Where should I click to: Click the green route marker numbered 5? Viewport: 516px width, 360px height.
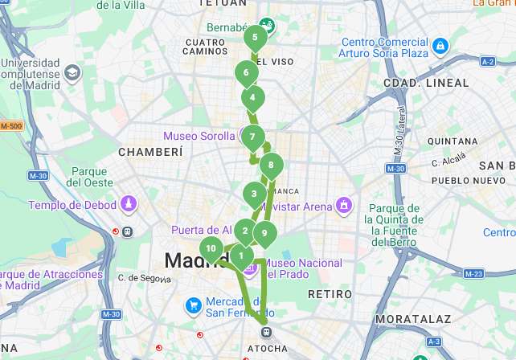255,37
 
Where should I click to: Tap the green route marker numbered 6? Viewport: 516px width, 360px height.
246,73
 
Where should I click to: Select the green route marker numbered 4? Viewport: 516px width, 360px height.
252,98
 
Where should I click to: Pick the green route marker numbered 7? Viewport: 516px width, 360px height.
252,137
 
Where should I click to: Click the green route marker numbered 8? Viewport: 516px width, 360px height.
271,166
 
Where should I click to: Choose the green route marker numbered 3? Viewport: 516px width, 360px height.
254,194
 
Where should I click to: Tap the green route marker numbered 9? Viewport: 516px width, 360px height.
264,234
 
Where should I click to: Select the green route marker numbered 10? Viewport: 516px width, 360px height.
211,249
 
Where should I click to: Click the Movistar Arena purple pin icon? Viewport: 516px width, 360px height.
344,207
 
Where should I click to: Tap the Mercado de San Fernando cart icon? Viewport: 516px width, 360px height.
193,305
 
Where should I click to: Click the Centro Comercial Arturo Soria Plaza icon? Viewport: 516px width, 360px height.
440,47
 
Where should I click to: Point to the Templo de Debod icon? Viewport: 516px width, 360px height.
128,207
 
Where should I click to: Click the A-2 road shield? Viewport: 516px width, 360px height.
487,61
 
